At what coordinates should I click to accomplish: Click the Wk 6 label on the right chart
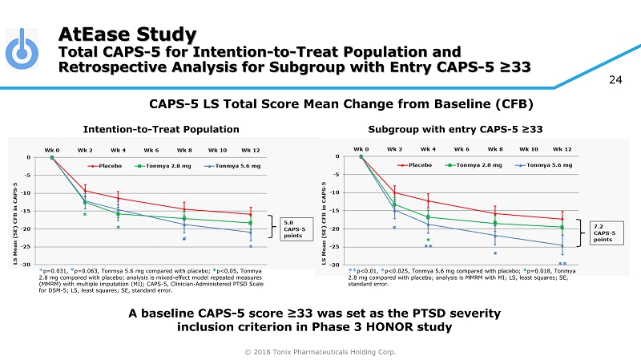point(462,148)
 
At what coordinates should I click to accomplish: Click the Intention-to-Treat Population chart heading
point(161,128)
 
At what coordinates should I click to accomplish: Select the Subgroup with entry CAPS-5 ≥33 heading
point(456,128)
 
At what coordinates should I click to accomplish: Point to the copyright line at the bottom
point(320,351)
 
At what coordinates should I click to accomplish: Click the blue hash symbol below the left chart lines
point(184,238)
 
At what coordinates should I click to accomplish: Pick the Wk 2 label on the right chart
point(394,148)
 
